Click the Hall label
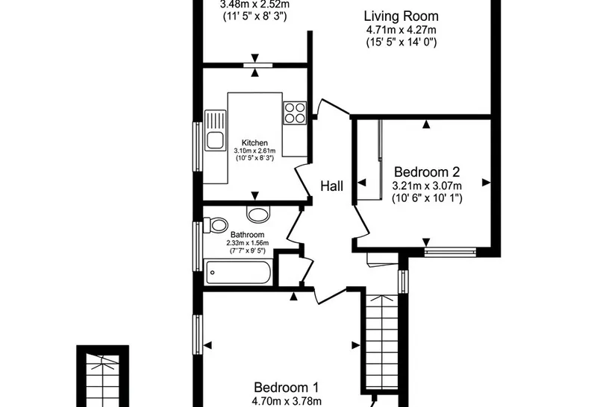pyautogui.click(x=332, y=186)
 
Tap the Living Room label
pyautogui.click(x=402, y=16)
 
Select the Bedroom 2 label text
pyautogui.click(x=427, y=172)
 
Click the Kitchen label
pyautogui.click(x=255, y=142)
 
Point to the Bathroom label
pyautogui.click(x=248, y=235)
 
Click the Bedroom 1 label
pyautogui.click(x=286, y=388)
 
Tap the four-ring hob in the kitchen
pyautogui.click(x=295, y=113)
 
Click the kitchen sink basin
pyautogui.click(x=215, y=140)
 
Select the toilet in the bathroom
pyautogui.click(x=216, y=225)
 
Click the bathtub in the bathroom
pyautogui.click(x=237, y=273)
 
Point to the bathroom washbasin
pyautogui.click(x=258, y=214)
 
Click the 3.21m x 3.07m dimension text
pyautogui.click(x=427, y=186)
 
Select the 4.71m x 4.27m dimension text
pyautogui.click(x=402, y=30)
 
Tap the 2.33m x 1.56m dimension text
pyautogui.click(x=248, y=243)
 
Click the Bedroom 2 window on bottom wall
pyautogui.click(x=450, y=252)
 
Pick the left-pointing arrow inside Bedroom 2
pyautogui.click(x=362, y=183)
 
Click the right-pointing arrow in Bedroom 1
pyautogui.click(x=355, y=345)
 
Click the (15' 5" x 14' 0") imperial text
pyautogui.click(x=402, y=42)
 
